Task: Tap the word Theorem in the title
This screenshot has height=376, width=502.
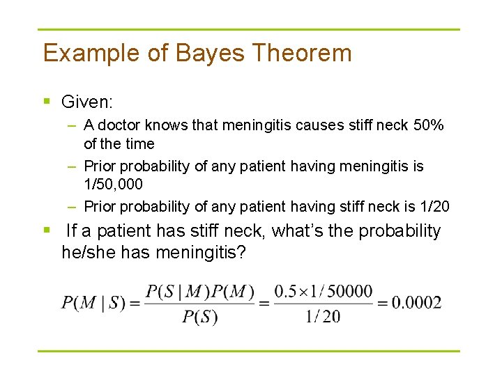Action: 303,54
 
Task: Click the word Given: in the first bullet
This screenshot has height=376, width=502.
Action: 87,102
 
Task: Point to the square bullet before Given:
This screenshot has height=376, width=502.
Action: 47,102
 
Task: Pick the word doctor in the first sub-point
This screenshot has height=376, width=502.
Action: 119,126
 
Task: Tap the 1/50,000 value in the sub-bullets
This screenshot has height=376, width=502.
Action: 113,185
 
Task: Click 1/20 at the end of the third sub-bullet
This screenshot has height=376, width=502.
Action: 433,206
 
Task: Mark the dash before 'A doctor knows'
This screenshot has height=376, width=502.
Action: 73,126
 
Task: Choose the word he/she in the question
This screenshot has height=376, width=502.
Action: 89,251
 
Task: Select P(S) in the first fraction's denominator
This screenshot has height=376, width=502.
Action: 200,317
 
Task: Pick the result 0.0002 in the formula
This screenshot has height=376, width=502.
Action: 416,303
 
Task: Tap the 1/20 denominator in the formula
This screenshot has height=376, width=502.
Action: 323,317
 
